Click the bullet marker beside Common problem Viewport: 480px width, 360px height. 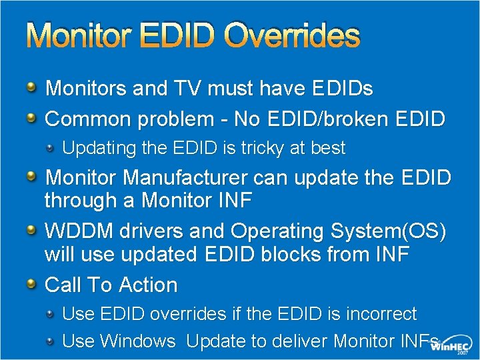[32, 118]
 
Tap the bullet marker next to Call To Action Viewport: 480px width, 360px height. [32, 283]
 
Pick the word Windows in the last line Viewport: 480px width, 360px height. [138, 341]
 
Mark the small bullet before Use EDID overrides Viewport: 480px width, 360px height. [51, 313]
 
